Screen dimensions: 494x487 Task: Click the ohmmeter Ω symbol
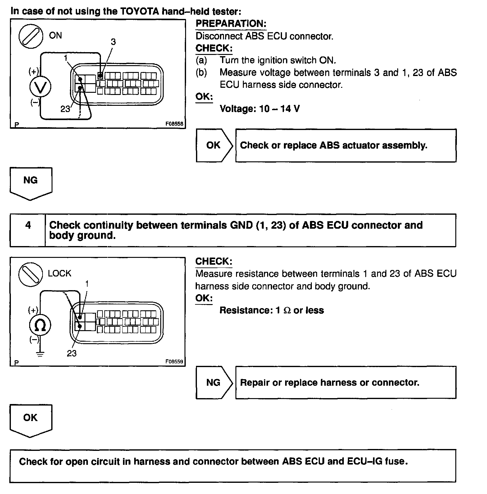coord(40,325)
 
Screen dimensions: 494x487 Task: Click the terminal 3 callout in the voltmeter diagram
coord(113,42)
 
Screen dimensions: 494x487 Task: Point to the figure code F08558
coord(174,124)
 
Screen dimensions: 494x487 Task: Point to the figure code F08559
coord(174,362)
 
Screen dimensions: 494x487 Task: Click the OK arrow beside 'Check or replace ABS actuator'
coord(214,145)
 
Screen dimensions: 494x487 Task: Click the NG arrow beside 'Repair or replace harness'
coord(214,382)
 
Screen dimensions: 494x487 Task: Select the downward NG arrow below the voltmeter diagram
coord(31,183)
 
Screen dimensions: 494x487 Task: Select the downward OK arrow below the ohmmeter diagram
coord(31,420)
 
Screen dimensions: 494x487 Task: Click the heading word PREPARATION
coord(231,24)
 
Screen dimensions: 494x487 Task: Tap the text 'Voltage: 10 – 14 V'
coord(260,109)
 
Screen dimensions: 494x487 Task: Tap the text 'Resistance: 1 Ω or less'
coord(271,310)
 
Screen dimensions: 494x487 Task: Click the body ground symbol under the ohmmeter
coord(40,354)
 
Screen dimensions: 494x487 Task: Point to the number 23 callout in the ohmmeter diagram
coord(71,353)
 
